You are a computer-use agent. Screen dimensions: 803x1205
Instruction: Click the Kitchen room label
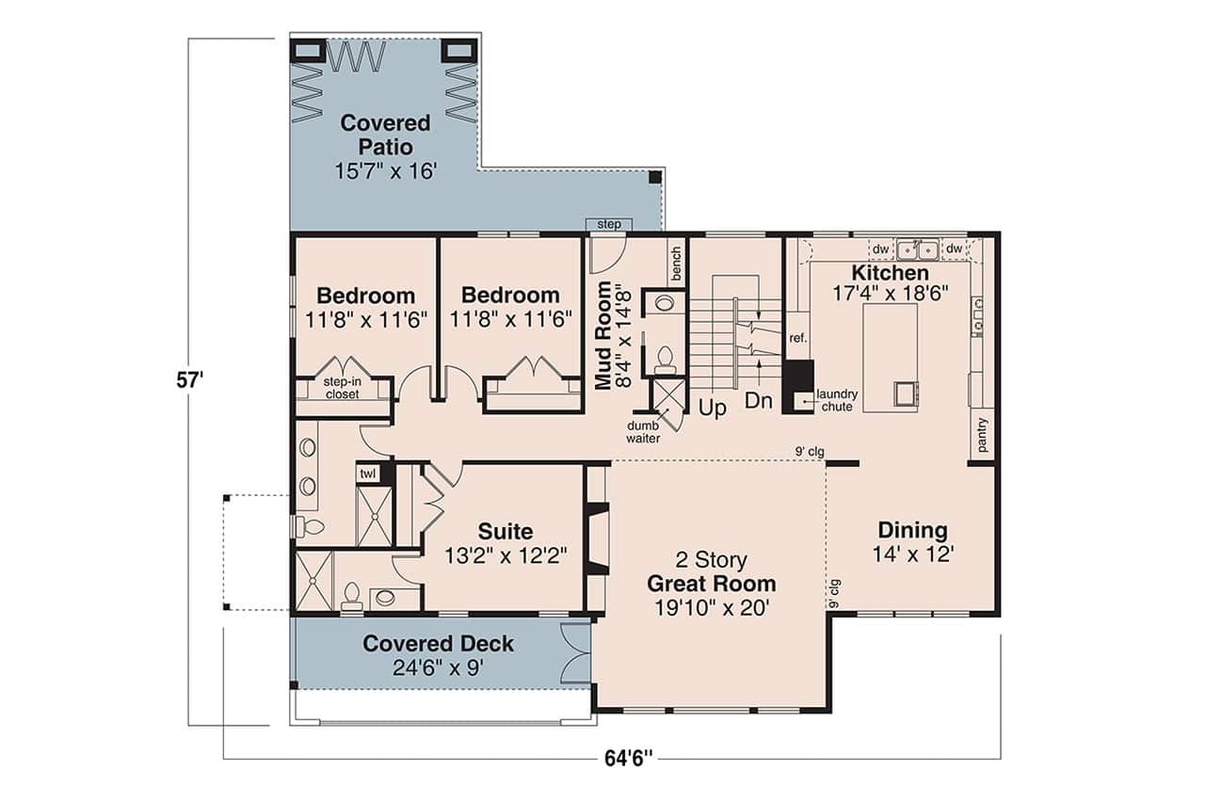coord(890,273)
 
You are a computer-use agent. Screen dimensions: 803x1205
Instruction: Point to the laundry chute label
coord(835,400)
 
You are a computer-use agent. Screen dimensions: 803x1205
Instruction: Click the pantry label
coord(983,435)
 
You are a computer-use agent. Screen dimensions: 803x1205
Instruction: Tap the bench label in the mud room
coord(675,265)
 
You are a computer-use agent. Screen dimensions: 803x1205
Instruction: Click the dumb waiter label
coord(644,432)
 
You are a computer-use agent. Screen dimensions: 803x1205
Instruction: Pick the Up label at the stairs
coord(713,410)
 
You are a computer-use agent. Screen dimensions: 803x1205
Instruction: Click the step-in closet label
coord(342,388)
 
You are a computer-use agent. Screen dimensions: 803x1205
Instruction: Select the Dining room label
coord(912,530)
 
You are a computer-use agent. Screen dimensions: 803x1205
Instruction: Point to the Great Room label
coord(711,584)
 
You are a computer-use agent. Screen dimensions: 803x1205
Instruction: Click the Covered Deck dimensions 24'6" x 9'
coord(439,668)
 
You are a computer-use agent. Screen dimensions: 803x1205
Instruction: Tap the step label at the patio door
coord(609,224)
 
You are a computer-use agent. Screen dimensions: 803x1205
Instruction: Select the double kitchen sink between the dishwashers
coord(916,249)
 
